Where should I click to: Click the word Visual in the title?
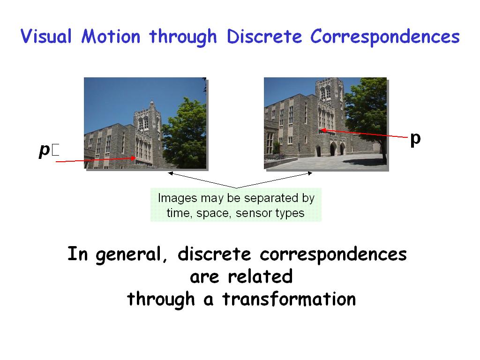click(46, 36)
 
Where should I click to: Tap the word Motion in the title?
click(111, 36)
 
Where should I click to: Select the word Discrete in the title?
click(264, 37)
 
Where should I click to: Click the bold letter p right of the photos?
click(415, 139)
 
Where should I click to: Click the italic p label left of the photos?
click(45, 150)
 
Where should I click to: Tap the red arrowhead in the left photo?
click(133, 158)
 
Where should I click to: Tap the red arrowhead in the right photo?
click(322, 130)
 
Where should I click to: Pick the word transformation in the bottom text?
click(289, 299)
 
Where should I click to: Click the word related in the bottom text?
click(260, 276)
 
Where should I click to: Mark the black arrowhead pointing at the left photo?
click(171, 173)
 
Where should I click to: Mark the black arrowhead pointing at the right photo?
click(310, 173)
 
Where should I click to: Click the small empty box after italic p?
click(55, 150)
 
